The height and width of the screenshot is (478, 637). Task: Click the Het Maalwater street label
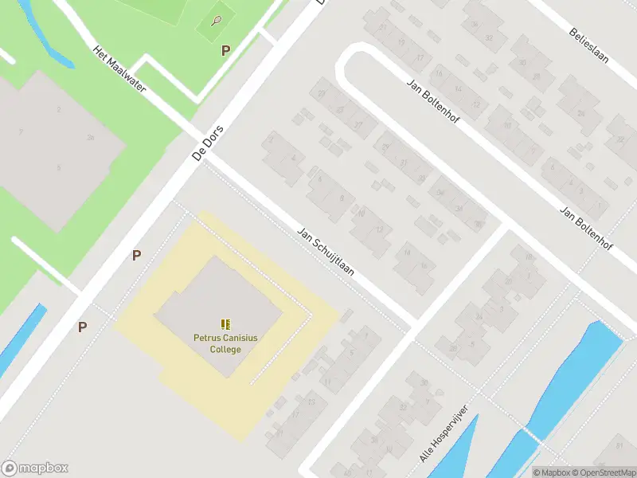tap(119, 69)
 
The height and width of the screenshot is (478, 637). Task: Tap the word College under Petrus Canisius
tap(225, 350)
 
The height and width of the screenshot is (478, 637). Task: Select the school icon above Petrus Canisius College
tap(226, 324)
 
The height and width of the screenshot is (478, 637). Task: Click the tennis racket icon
tap(217, 21)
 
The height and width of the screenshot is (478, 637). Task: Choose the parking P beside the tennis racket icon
tap(225, 50)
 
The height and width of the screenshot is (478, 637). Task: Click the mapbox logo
tap(35, 468)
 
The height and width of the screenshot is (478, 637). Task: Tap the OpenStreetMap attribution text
tap(602, 472)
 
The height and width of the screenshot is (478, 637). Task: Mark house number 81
tap(619, 445)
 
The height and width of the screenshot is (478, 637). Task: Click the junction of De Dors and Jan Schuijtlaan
tap(202, 159)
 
